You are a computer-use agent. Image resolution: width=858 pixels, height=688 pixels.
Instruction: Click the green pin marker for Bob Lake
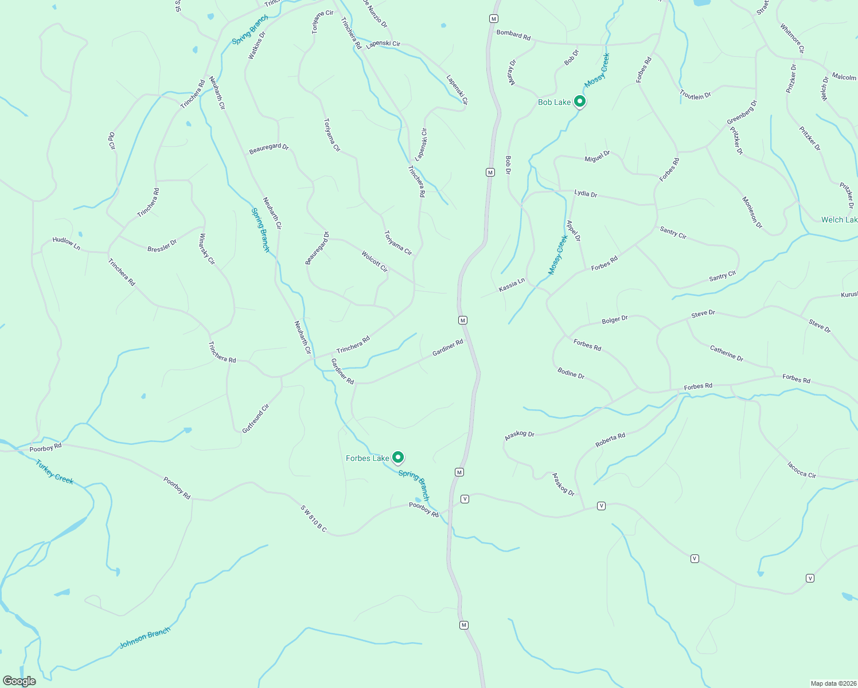pos(579,101)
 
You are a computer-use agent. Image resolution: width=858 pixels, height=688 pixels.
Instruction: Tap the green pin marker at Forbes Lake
pos(397,457)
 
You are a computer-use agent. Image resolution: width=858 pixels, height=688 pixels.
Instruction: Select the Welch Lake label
pos(839,220)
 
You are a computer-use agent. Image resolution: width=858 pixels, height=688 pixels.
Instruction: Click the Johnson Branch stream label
pos(145,638)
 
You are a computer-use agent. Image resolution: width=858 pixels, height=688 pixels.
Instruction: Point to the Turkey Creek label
pos(54,472)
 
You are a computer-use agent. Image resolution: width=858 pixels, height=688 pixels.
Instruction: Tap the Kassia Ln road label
pos(512,285)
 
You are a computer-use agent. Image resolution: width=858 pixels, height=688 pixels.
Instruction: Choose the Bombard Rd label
pos(513,35)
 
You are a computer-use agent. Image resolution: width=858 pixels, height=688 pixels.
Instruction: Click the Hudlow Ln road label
pos(66,243)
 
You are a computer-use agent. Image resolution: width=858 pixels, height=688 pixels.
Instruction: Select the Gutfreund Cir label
pos(255,419)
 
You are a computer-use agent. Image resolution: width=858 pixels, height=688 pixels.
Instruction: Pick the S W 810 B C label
pos(313,518)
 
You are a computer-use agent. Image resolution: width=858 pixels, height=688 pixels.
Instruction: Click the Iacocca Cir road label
pos(801,470)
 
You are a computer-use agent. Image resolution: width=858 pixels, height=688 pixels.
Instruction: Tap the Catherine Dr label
pos(726,353)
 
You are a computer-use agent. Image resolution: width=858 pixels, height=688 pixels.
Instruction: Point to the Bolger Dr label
pos(615,319)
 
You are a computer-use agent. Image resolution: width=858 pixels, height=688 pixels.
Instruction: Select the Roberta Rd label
pos(610,440)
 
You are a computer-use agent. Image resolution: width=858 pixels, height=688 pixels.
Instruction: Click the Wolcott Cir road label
pos(375,261)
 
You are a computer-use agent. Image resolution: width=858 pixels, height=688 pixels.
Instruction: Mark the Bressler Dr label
pos(162,246)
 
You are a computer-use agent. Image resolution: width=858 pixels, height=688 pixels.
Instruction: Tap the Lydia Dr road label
pos(586,194)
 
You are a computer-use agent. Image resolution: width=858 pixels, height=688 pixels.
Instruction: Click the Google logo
pos(19,681)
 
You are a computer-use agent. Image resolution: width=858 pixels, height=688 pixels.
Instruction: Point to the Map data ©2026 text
pos(832,683)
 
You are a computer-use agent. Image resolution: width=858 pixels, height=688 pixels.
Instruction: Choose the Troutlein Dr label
pos(695,95)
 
